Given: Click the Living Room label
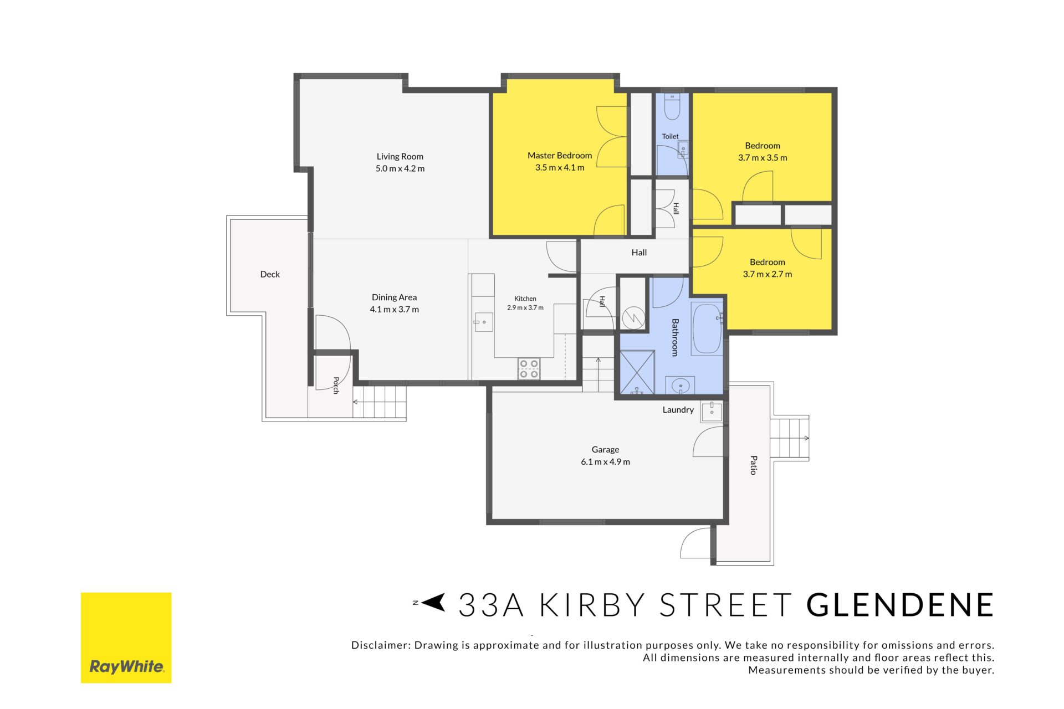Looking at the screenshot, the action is tap(400, 157).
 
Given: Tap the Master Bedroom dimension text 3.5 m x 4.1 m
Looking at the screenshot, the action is tap(560, 167).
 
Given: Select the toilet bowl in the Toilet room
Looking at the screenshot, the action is tap(672, 106).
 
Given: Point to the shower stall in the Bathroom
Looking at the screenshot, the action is tap(637, 372).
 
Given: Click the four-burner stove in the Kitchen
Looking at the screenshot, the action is tap(529, 369).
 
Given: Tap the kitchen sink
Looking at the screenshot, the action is tap(483, 322).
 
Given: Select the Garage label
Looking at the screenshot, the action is tap(605, 450).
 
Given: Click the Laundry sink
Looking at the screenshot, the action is tap(712, 412).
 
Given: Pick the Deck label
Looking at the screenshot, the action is tap(270, 274).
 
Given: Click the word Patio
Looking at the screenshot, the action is tap(754, 465).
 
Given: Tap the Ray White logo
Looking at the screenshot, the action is tap(126, 638).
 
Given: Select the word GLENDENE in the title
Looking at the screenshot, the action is tap(900, 605).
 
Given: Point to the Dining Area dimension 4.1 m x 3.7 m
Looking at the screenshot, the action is tap(394, 310).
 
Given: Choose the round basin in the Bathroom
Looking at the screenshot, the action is tap(681, 385).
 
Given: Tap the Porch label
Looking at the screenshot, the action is tap(336, 386).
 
